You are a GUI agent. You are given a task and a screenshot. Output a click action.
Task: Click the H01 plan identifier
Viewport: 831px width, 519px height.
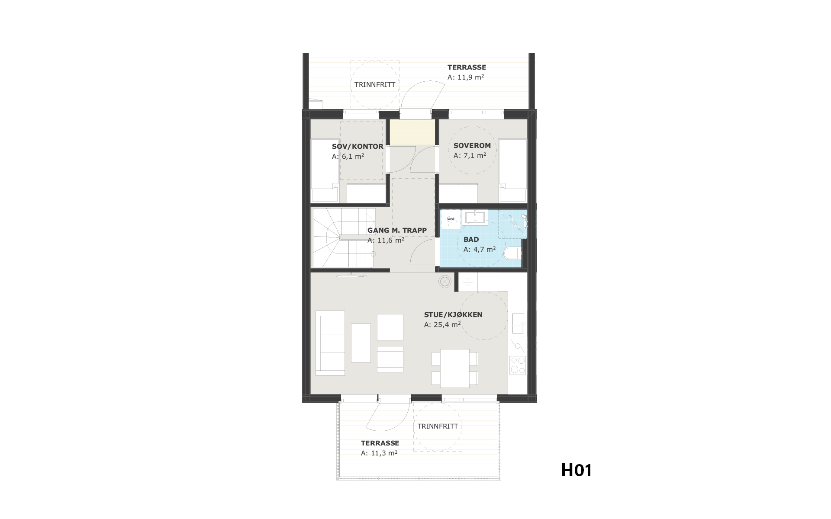pyautogui.click(x=577, y=470)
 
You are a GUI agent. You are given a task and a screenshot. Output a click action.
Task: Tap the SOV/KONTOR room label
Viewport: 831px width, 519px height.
pyautogui.click(x=358, y=147)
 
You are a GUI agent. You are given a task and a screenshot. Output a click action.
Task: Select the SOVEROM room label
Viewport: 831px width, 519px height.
pyautogui.click(x=472, y=146)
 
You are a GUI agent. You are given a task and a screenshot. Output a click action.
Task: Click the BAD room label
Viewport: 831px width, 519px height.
pyautogui.click(x=471, y=240)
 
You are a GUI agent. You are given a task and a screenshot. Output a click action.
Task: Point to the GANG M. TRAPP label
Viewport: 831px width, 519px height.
pyautogui.click(x=397, y=231)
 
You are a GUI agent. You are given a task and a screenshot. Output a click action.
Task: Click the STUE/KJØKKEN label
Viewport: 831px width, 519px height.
pyautogui.click(x=453, y=315)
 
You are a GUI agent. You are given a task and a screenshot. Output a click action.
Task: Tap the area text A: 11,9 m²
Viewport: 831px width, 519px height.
pyautogui.click(x=466, y=77)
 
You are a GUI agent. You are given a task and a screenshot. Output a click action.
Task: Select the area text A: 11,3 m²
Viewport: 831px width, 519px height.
pyautogui.click(x=379, y=453)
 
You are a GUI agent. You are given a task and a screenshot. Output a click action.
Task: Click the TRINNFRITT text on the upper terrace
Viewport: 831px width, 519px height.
pyautogui.click(x=375, y=85)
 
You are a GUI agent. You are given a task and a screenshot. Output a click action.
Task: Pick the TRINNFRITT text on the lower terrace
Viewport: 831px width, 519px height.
pyautogui.click(x=438, y=426)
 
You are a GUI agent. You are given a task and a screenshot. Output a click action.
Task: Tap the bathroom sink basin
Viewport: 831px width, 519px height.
pyautogui.click(x=474, y=217)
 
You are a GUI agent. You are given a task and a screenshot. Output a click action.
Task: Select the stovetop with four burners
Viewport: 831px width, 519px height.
pyautogui.click(x=518, y=365)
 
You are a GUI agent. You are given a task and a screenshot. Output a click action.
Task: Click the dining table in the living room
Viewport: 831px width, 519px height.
pyautogui.click(x=455, y=368)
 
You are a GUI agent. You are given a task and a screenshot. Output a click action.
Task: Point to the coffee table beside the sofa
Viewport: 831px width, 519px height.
pyautogui.click(x=361, y=343)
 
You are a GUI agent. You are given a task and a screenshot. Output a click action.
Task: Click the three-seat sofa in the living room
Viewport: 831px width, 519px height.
pyautogui.click(x=330, y=343)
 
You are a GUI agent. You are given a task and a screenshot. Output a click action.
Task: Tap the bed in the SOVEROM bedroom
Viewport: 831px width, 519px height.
pyautogui.click(x=513, y=170)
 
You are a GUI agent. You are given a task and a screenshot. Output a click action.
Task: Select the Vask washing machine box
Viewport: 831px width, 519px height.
pyautogui.click(x=451, y=219)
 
